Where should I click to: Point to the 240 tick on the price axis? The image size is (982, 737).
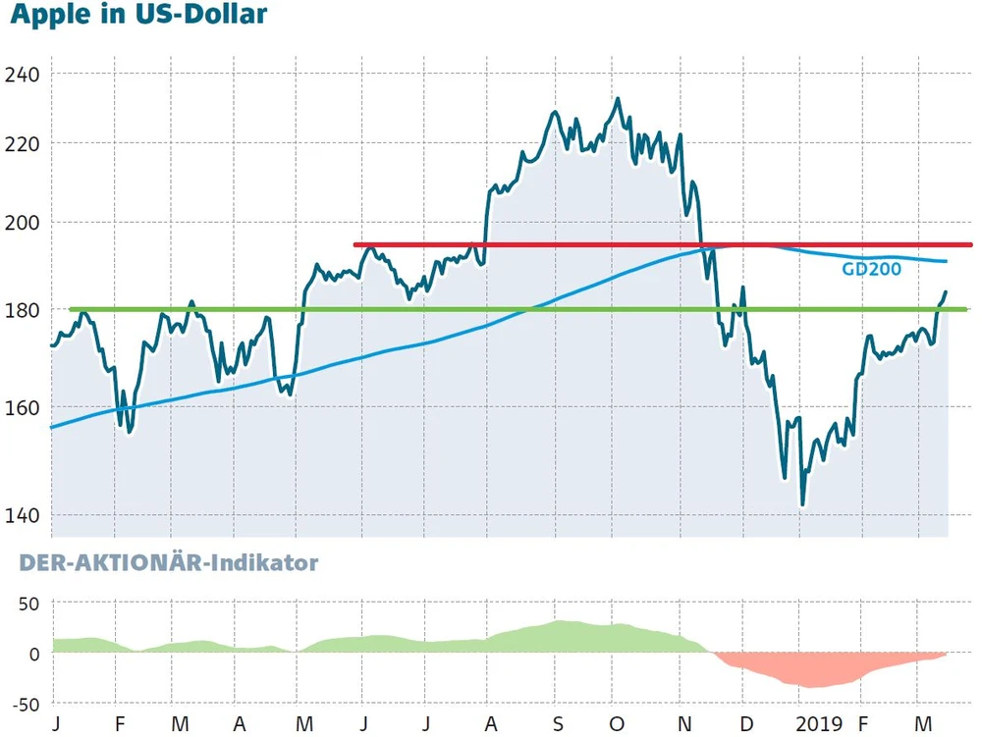pos(24,75)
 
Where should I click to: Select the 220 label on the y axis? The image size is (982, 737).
pos(24,143)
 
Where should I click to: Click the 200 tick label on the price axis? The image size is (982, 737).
pos(24,222)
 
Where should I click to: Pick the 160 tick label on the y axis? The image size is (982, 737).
pos(24,407)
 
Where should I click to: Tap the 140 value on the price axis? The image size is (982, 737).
pos(24,515)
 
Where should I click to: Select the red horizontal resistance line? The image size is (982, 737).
pos(589,244)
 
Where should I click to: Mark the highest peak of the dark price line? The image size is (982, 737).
pos(617,98)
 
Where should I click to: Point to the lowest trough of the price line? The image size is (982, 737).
pos(802,505)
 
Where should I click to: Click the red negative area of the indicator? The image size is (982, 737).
pos(805,670)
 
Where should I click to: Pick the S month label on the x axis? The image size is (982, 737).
pos(557,724)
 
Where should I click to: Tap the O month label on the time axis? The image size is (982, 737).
pos(616,724)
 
